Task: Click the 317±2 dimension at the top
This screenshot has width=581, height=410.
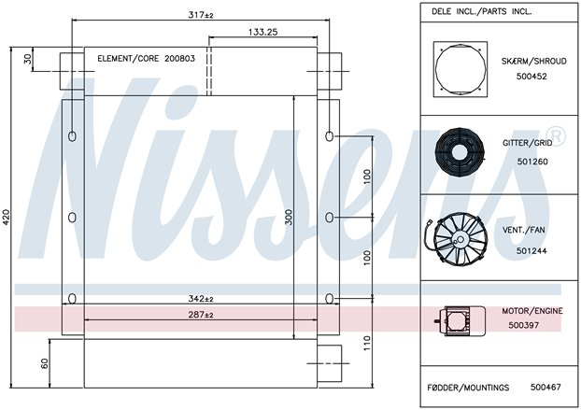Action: pos(201,15)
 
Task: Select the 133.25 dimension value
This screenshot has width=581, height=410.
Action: pos(262,33)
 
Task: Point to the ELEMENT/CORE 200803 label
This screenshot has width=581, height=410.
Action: pos(146,59)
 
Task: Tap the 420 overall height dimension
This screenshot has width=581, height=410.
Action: pos(7,217)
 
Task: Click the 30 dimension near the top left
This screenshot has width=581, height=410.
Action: pos(28,59)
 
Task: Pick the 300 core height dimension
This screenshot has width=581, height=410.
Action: pos(289,217)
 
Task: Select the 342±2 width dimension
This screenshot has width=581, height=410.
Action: pos(201,298)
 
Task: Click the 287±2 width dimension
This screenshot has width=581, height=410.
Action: pos(201,315)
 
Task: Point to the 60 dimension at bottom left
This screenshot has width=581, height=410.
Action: pos(45,363)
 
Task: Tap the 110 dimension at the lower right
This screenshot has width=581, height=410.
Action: pos(367,344)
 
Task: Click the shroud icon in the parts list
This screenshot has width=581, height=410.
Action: pos(461,69)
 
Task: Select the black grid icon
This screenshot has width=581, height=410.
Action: pos(460,150)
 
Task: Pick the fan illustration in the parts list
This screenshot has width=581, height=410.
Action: pos(457,238)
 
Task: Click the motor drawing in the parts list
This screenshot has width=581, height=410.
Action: pos(460,320)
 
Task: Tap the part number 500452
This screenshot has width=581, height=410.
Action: pos(531,77)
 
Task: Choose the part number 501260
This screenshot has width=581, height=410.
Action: pos(532,162)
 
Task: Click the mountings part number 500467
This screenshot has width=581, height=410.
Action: pos(546,387)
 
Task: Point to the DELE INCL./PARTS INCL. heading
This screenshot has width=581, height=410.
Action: pos(481,11)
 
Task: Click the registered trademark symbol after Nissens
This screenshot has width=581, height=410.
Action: pos(557,136)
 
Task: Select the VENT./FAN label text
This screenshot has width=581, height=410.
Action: pos(524,230)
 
